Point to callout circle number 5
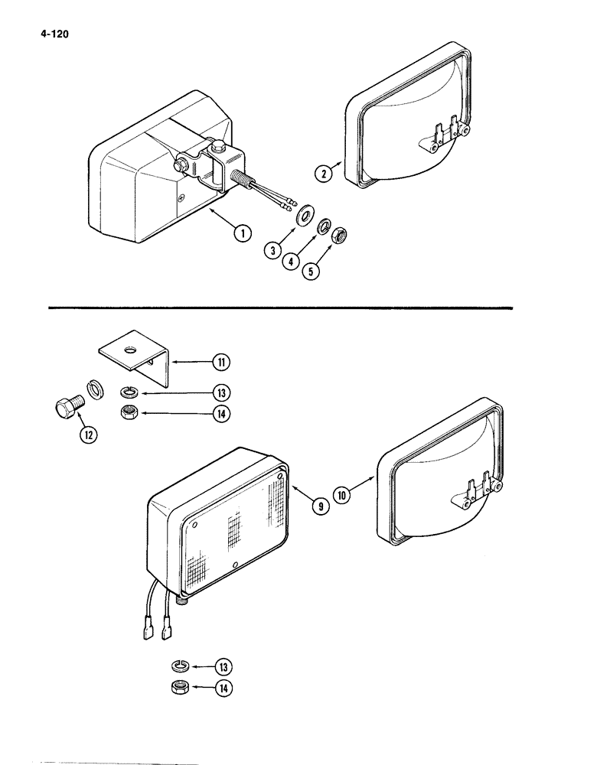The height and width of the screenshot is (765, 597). click(312, 269)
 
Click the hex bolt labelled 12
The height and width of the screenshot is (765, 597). click(67, 408)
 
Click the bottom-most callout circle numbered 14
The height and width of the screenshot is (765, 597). click(223, 687)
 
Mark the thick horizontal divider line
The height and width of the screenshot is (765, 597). click(279, 308)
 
